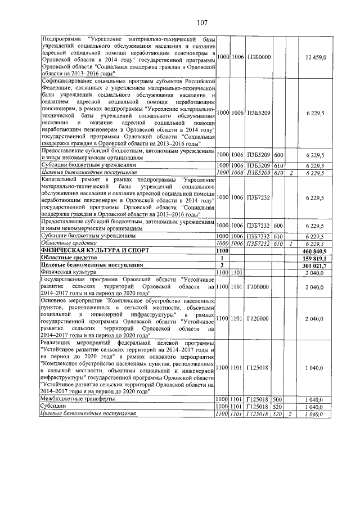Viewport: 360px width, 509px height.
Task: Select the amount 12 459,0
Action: click(x=312, y=57)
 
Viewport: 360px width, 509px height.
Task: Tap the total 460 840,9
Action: click(x=313, y=250)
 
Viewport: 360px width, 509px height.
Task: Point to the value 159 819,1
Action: click(x=313, y=258)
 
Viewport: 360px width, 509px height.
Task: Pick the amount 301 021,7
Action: click(x=313, y=264)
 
